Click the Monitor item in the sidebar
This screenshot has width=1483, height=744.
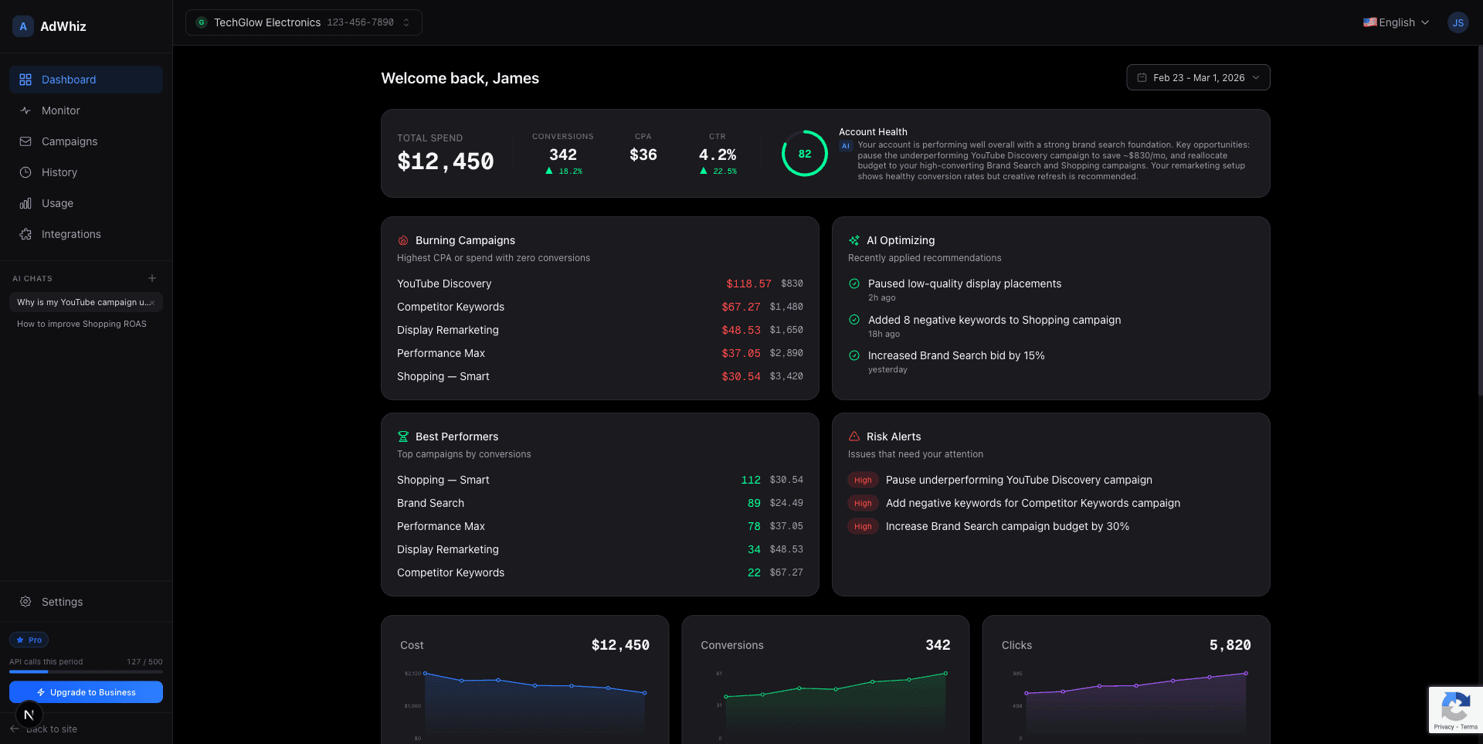pyautogui.click(x=60, y=110)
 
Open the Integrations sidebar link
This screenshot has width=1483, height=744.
pyautogui.click(x=70, y=234)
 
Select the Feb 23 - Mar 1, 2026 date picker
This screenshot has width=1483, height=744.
pyautogui.click(x=1198, y=78)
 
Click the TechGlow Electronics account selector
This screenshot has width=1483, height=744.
pyautogui.click(x=303, y=22)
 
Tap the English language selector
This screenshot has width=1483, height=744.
pyautogui.click(x=1396, y=22)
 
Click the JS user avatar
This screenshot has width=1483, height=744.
pyautogui.click(x=1458, y=22)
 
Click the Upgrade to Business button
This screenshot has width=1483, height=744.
pyautogui.click(x=86, y=692)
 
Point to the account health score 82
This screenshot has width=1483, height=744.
pyautogui.click(x=804, y=154)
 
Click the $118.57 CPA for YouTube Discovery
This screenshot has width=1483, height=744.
pyautogui.click(x=748, y=284)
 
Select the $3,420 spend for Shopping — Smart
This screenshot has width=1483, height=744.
pyautogui.click(x=786, y=376)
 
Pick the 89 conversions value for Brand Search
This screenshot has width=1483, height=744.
pyautogui.click(x=754, y=503)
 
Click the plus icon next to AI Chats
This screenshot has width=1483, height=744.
pyautogui.click(x=152, y=278)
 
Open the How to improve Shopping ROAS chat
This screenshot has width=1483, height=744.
pyautogui.click(x=82, y=324)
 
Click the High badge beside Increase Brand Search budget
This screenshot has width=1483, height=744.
pyautogui.click(x=863, y=526)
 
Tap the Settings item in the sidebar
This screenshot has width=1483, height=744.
pyautogui.click(x=62, y=602)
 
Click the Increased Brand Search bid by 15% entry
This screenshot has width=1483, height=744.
pyautogui.click(x=955, y=355)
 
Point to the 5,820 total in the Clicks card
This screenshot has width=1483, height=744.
pyautogui.click(x=1230, y=645)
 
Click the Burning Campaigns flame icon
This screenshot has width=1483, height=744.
pyautogui.click(x=403, y=240)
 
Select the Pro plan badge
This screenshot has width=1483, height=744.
pyautogui.click(x=29, y=640)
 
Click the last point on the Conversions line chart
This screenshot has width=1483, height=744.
pyautogui.click(x=945, y=674)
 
